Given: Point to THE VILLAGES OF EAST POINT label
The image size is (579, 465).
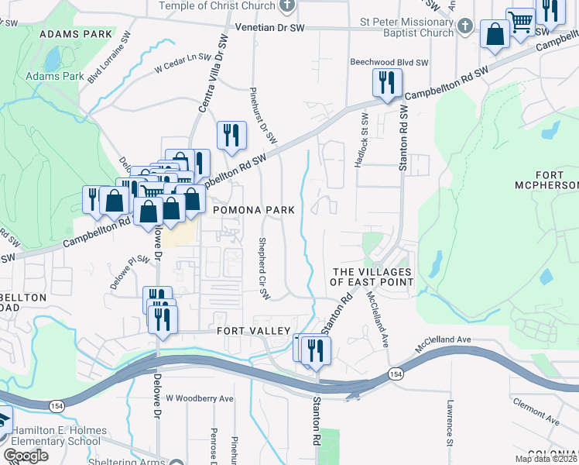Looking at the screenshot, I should [372, 277].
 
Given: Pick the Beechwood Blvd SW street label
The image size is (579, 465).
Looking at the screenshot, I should [389, 62].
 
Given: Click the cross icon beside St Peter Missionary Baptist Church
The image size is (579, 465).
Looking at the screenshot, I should [464, 26].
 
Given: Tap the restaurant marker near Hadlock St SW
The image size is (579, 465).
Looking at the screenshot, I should [386, 82].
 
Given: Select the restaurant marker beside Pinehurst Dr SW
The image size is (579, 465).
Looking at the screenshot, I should [231, 136].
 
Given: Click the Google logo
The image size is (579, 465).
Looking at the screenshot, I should [26, 456].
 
